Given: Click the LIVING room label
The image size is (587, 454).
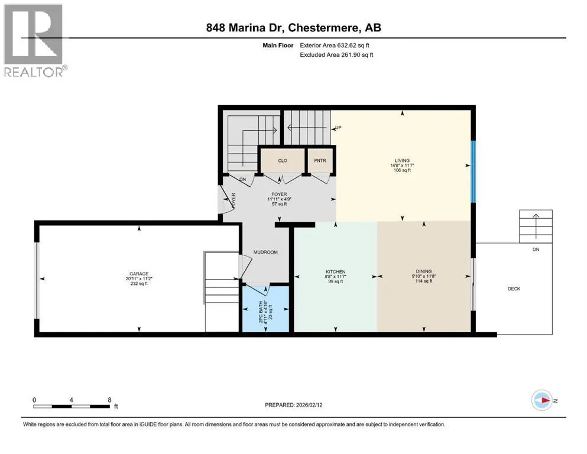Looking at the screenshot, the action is tap(402, 161).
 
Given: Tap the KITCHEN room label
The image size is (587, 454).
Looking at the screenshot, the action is tap(335, 272).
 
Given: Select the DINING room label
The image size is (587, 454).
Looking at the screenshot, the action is tap(424, 271).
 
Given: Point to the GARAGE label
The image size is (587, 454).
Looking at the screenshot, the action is tap(139, 274).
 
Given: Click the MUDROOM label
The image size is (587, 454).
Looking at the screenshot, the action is tap(265, 252).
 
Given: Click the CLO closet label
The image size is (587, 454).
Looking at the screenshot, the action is tap(283, 161).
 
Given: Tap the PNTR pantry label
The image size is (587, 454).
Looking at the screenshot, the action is tap(320, 161).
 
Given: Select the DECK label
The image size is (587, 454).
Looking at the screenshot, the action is tap(514, 289).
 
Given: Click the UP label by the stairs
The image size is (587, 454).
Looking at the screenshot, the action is tap(338, 128).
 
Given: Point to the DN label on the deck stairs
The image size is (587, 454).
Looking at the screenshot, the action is tap(536, 249).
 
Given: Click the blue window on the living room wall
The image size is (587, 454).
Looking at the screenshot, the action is tap(473, 171).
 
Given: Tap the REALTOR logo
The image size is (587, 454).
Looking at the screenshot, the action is tap(34, 40).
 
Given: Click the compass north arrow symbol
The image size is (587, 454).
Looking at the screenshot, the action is tap(542, 400).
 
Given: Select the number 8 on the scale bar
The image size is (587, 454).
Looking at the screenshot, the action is tap(109, 400).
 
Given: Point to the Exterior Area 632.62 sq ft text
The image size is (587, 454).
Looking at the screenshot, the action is tap(335, 46).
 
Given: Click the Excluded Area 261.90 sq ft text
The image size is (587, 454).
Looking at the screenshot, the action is tap(336, 54).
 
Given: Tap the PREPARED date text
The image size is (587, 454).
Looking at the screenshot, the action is tap(293, 405).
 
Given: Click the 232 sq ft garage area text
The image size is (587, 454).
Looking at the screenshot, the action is tap(139, 284).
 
